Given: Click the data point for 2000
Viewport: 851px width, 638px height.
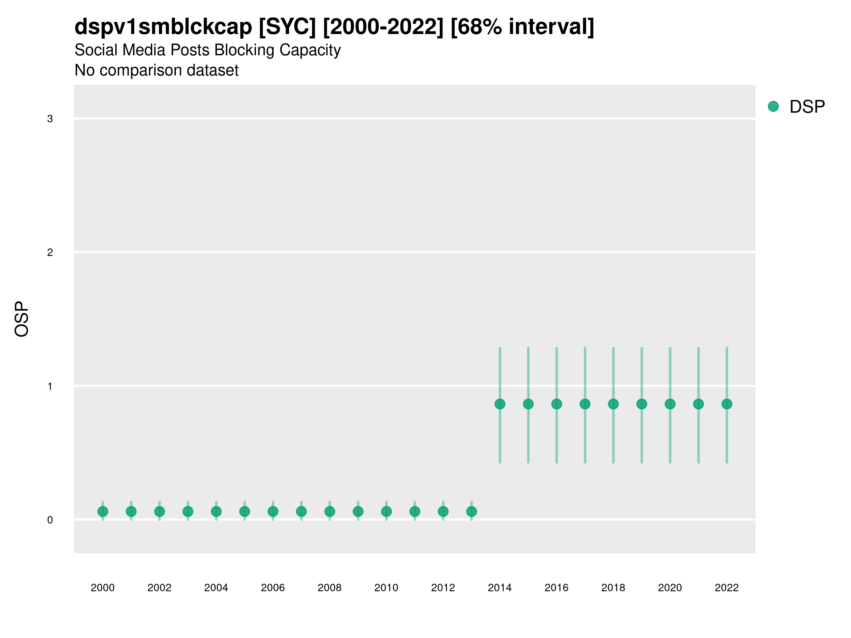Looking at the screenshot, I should click(103, 511).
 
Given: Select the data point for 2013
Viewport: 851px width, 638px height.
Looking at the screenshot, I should click(471, 511).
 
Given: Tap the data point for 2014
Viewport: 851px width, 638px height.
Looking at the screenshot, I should click(500, 404).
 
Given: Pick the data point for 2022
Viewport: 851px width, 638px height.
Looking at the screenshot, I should click(727, 404).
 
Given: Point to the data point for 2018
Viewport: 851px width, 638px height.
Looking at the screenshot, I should click(613, 404).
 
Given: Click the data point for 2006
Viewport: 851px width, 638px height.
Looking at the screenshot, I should click(273, 511).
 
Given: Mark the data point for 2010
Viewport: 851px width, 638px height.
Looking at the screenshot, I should click(386, 511).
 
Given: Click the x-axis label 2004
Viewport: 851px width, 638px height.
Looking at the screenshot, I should click(216, 588).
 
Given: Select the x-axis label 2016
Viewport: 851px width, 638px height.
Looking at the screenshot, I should click(556, 588).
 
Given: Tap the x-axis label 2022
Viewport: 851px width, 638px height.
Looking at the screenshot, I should click(726, 588).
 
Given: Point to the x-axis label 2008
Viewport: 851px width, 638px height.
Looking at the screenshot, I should click(329, 588).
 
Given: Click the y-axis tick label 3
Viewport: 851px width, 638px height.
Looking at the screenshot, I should click(50, 119).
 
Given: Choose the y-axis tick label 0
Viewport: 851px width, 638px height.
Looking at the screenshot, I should click(50, 520).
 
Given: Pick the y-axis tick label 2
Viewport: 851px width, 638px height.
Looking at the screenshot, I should click(50, 253).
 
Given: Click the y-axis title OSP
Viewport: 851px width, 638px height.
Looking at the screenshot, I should click(22, 319).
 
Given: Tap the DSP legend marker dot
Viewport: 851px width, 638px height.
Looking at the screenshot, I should click(773, 107).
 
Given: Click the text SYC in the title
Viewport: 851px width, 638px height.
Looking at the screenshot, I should click(287, 27).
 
